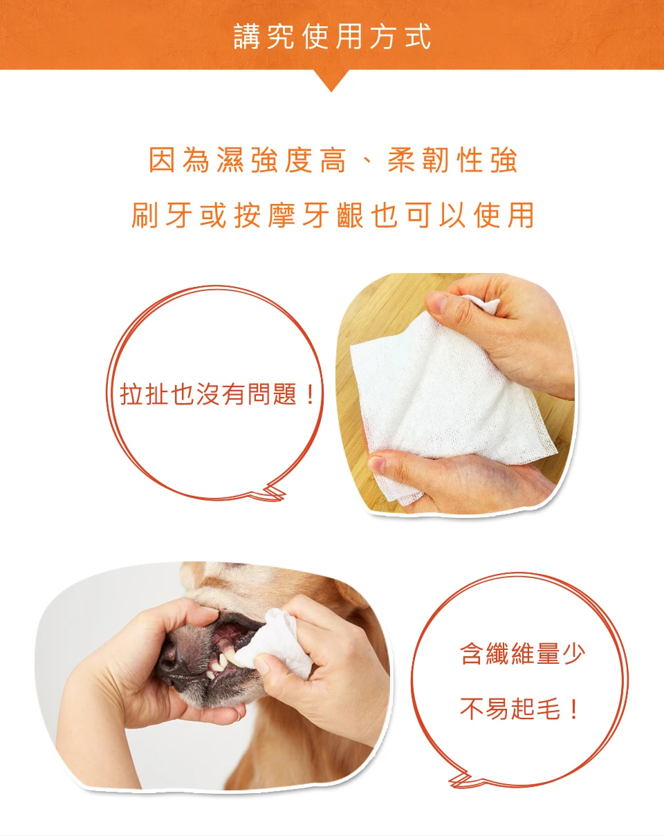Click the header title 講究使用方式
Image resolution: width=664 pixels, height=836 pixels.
[332, 36]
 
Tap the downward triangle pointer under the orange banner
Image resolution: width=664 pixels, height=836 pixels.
[331, 80]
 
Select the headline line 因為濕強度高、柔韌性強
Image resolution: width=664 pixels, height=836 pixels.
[333, 160]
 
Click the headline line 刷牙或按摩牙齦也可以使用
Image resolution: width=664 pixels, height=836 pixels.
[333, 215]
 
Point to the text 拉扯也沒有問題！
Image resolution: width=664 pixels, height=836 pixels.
[217, 393]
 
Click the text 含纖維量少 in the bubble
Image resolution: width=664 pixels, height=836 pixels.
[522, 653]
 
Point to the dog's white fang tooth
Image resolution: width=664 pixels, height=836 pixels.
[225, 661]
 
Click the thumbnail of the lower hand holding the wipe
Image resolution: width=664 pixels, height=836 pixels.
[377, 464]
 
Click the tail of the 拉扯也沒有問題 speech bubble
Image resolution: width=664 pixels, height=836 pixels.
[272, 492]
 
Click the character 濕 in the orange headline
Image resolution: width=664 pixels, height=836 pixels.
[230, 160]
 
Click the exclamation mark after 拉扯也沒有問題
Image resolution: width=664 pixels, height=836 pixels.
[310, 393]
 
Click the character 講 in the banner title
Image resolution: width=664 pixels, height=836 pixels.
[246, 36]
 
